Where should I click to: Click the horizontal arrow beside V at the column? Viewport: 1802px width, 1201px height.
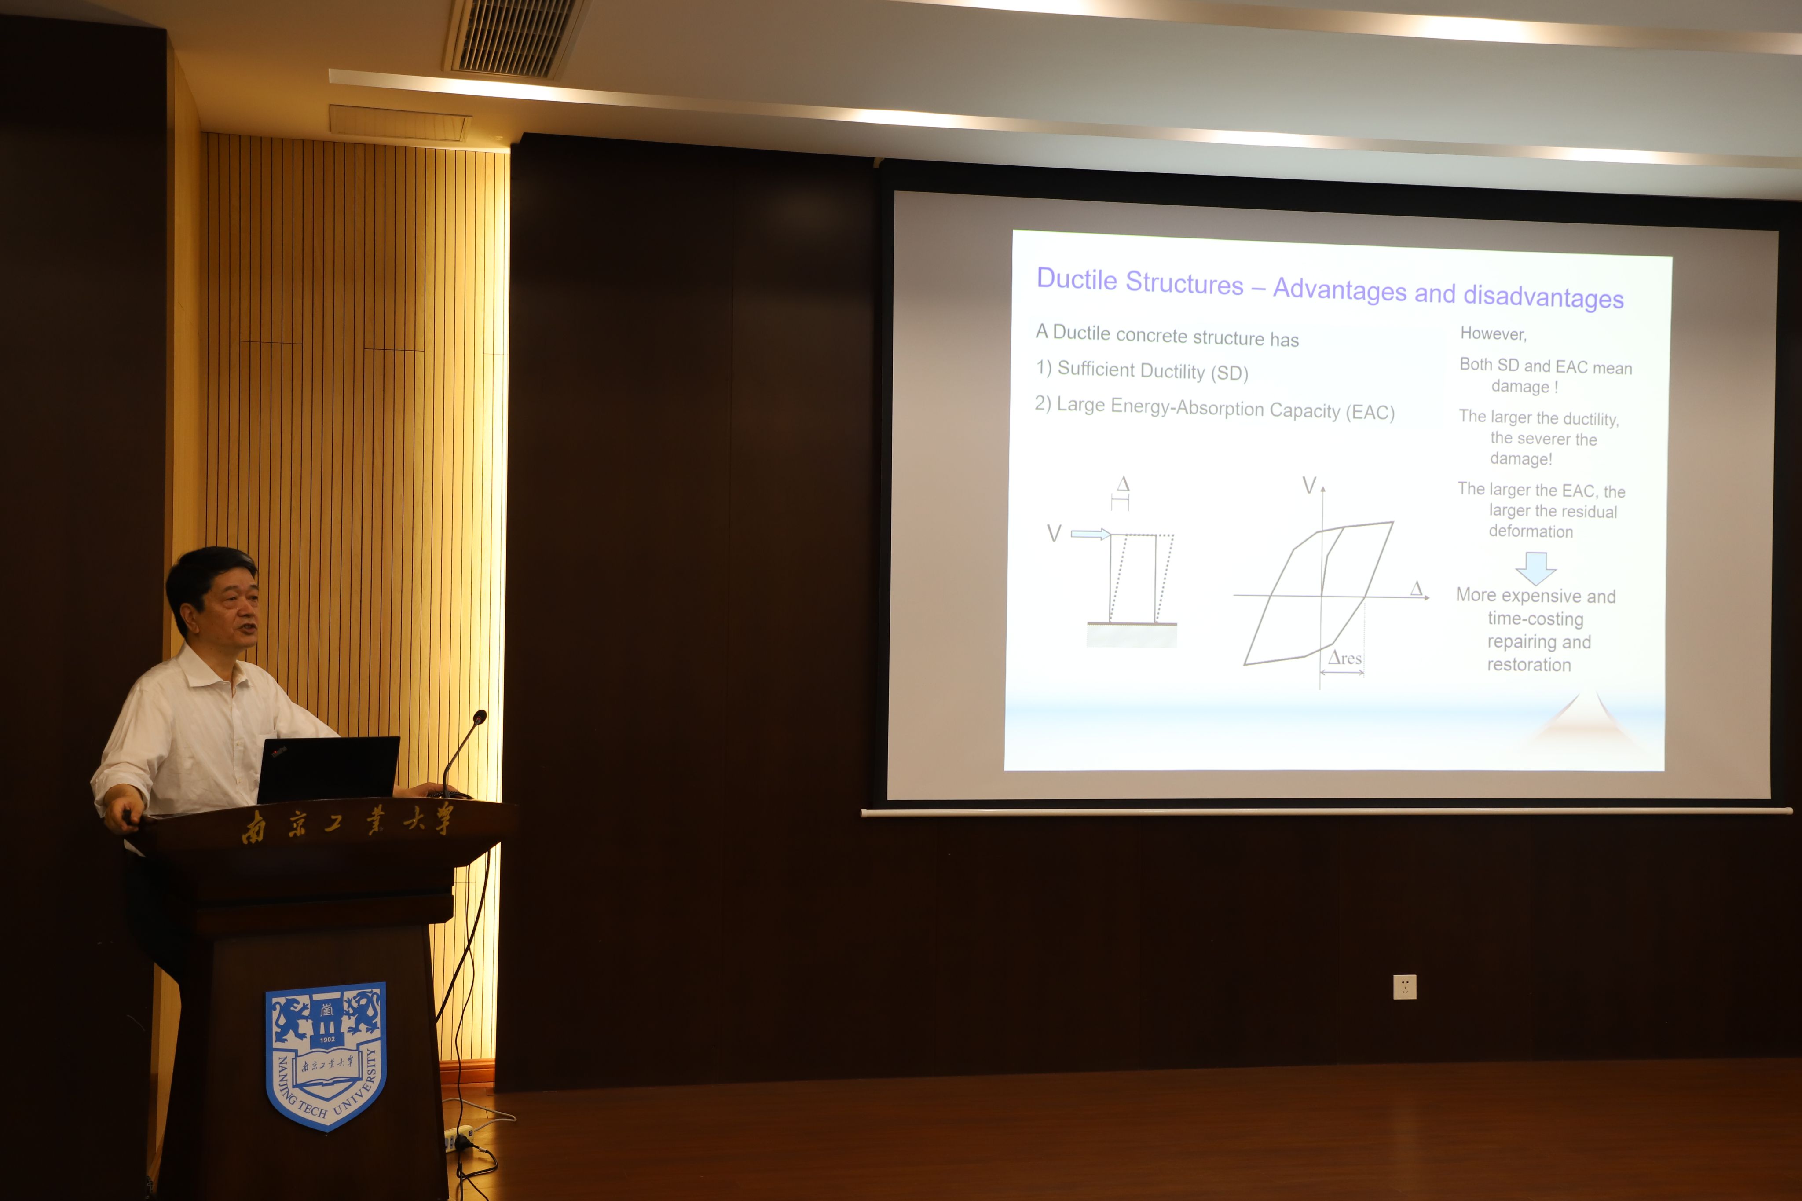click(x=1091, y=534)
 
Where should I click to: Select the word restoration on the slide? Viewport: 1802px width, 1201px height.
click(x=1529, y=665)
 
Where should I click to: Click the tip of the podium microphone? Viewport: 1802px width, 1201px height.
click(x=480, y=717)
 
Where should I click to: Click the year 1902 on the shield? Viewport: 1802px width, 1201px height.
click(x=327, y=1040)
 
